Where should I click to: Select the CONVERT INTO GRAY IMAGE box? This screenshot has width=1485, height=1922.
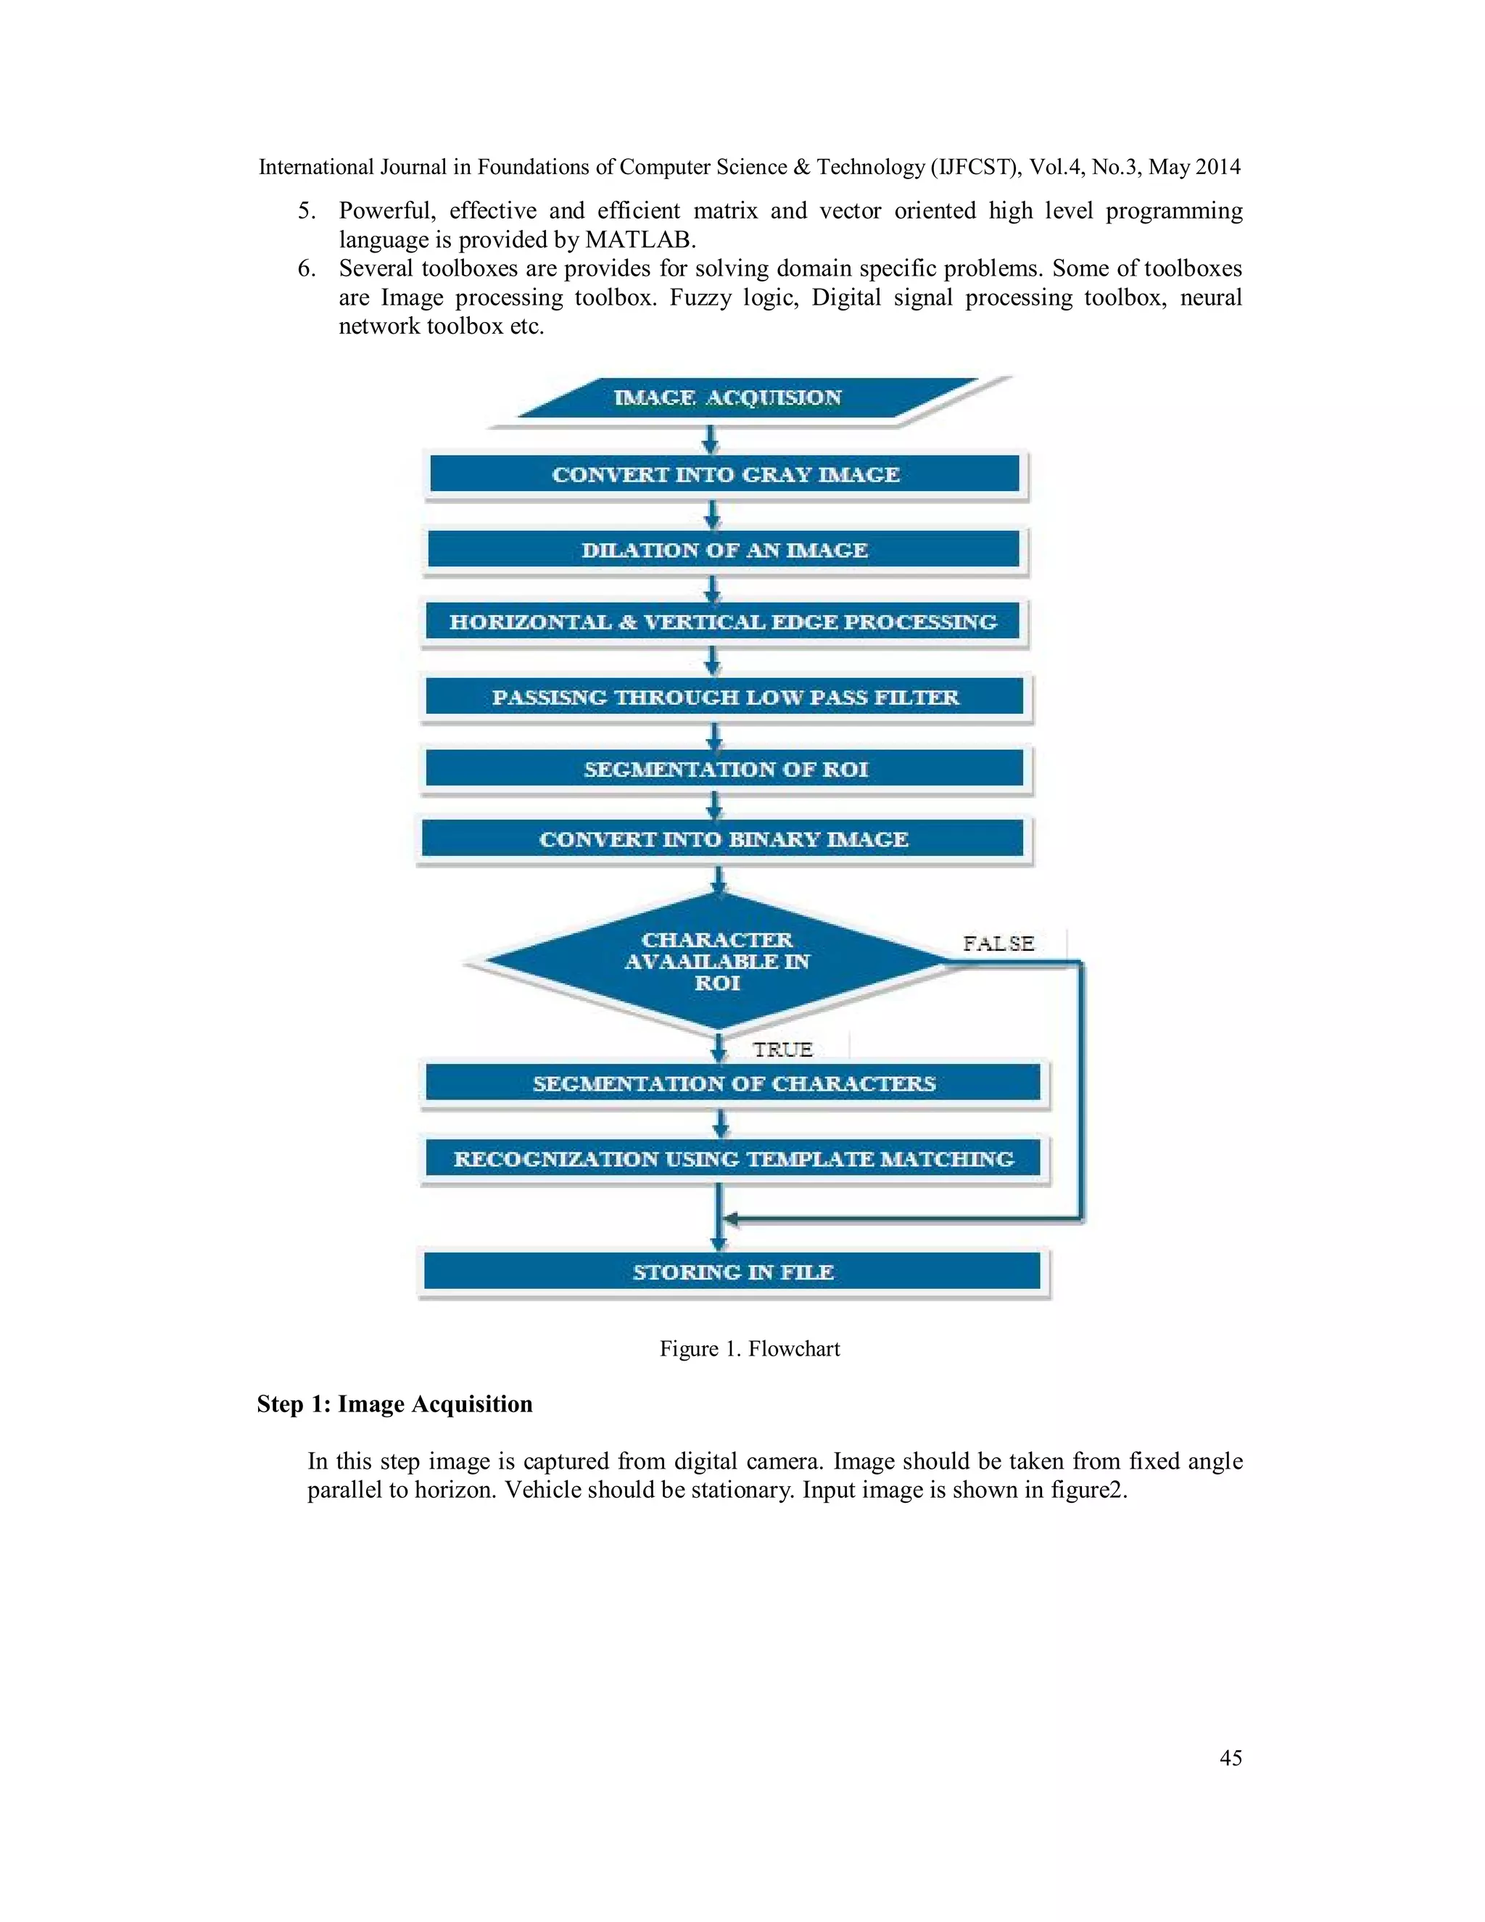coord(725,474)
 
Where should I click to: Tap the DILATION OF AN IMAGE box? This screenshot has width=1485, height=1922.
coord(724,550)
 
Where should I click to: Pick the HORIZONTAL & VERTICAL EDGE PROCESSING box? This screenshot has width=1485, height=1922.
coord(723,622)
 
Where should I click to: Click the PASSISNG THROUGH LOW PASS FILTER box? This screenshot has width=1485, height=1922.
coord(725,697)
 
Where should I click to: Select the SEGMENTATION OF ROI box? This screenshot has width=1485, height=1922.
coord(725,769)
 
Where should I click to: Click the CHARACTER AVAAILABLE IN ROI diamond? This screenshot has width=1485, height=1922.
coord(717,961)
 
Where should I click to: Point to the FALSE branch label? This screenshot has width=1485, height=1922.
coord(998,944)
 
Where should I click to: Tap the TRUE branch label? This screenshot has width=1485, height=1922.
coord(782,1049)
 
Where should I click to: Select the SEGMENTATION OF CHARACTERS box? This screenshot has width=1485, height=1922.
coord(733,1084)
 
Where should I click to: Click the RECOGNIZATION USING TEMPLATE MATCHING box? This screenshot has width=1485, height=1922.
coord(733,1159)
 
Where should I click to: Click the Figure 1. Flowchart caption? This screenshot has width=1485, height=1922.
coord(750,1349)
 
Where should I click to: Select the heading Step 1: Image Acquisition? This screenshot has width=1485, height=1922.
coord(394,1403)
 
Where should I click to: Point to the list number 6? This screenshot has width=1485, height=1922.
coord(306,268)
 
